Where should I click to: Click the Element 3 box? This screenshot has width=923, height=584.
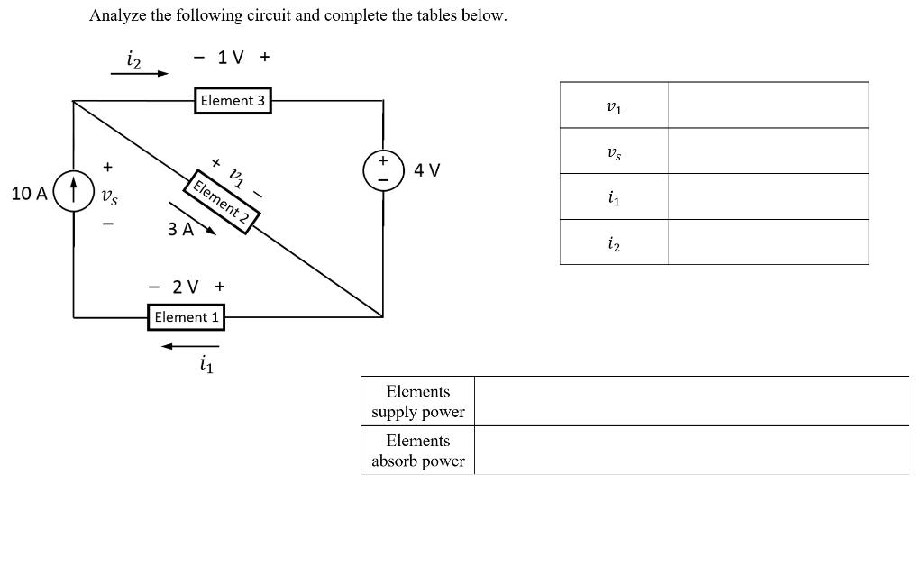click(x=233, y=100)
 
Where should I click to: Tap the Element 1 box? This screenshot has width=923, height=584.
click(x=187, y=317)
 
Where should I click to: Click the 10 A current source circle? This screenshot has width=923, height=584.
click(x=74, y=192)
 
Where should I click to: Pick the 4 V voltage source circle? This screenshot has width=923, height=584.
click(x=382, y=170)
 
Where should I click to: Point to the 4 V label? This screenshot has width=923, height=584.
click(x=427, y=170)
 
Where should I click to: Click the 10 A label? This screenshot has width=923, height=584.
click(x=30, y=193)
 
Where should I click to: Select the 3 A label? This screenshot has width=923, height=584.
click(x=180, y=229)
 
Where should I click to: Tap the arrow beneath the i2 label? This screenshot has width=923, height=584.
click(x=140, y=74)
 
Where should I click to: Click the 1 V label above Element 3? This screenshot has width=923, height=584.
click(x=231, y=58)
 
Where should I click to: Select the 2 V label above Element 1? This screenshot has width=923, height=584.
click(x=186, y=287)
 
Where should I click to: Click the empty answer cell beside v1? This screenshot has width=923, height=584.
click(x=768, y=105)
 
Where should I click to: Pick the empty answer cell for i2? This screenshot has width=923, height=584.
click(x=768, y=242)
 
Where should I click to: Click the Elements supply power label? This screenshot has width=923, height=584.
click(x=418, y=402)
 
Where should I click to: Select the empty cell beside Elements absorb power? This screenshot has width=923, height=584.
click(x=690, y=451)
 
